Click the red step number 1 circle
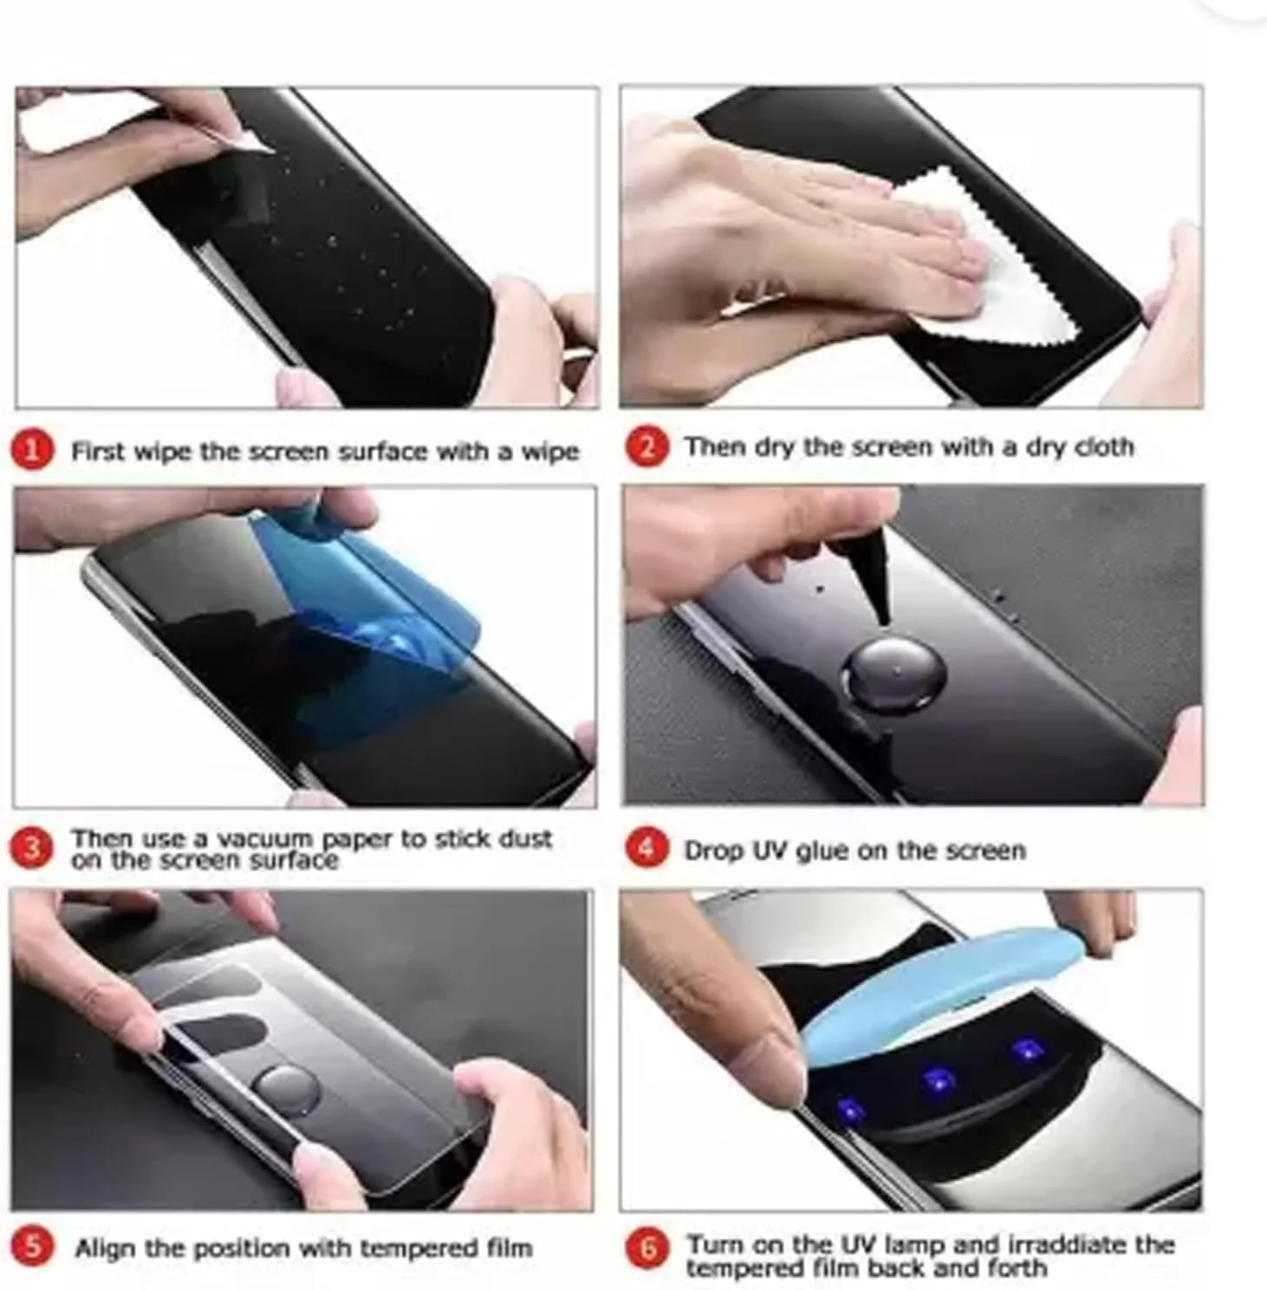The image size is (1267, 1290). [32, 451]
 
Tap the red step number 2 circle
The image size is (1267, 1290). [646, 447]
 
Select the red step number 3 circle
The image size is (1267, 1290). [32, 849]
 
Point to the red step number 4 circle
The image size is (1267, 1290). [646, 849]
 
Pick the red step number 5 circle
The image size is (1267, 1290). [32, 1248]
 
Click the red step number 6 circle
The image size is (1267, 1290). [647, 1250]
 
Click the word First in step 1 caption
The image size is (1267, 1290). [98, 452]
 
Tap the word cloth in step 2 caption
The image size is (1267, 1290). [1103, 447]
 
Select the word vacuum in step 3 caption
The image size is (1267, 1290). [264, 839]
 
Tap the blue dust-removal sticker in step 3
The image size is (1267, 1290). [381, 607]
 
